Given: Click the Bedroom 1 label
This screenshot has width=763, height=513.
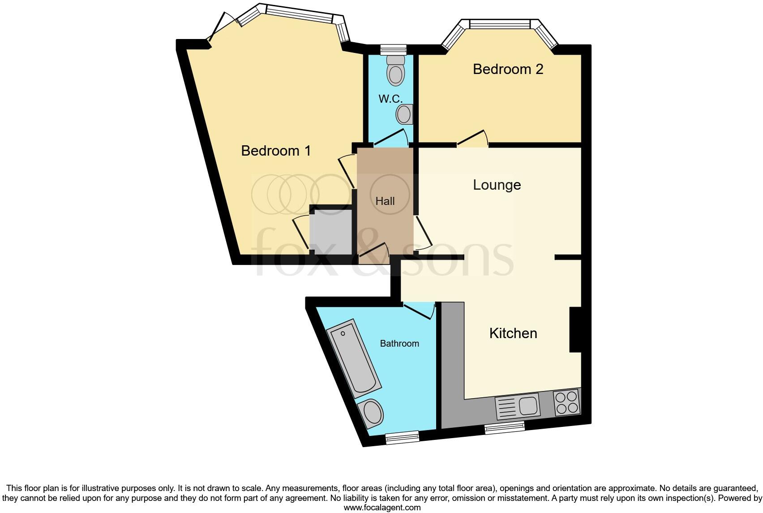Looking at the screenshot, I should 276,151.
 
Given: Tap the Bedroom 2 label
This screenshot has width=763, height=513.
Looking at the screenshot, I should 508,69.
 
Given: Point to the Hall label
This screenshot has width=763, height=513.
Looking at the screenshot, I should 385,201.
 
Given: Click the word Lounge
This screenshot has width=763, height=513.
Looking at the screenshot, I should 497,185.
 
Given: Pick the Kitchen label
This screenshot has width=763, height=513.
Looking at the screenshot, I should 513,333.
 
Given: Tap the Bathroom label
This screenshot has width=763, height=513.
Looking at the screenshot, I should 399,343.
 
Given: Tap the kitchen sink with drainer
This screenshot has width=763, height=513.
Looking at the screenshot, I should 518,406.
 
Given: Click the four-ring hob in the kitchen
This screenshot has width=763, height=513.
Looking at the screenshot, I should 567,402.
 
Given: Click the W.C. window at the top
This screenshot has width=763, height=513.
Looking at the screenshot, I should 393,49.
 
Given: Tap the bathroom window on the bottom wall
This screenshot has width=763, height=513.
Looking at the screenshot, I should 402,437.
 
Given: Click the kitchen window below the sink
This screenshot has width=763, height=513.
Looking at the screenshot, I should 505,428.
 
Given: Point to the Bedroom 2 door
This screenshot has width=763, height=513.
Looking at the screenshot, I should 473,139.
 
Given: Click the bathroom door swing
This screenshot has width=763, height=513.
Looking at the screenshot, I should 420,310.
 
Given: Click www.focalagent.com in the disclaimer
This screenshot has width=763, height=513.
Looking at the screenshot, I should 382,508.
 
